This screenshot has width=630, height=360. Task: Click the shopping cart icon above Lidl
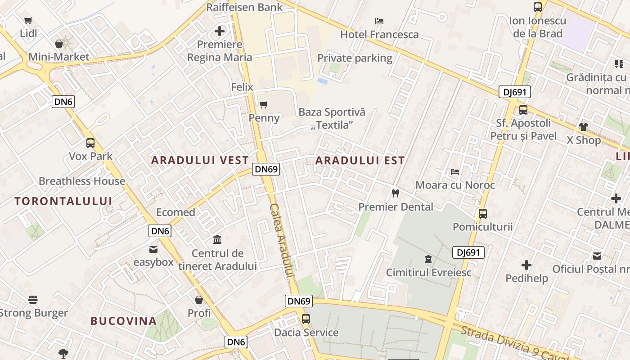(x=28, y=20)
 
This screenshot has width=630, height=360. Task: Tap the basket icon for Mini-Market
(x=59, y=44)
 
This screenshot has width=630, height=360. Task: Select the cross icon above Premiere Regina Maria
(x=220, y=31)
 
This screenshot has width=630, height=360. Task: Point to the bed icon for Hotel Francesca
(x=379, y=21)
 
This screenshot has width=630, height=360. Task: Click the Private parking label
(x=355, y=58)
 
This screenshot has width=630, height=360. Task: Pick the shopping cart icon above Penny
(x=264, y=105)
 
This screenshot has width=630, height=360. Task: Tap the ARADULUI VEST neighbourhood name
(x=200, y=160)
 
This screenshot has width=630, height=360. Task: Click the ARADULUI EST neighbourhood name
(x=360, y=160)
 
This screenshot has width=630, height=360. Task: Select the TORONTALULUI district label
(x=63, y=201)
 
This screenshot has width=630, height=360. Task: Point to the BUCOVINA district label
(x=124, y=321)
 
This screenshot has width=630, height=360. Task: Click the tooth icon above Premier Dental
(x=396, y=193)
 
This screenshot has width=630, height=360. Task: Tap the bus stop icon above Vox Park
(x=90, y=143)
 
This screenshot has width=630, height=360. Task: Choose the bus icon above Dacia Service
(x=306, y=319)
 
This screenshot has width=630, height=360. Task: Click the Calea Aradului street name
(x=282, y=241)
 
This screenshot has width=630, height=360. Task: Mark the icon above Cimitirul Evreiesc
(x=427, y=259)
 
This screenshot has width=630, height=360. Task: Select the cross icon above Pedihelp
(x=526, y=265)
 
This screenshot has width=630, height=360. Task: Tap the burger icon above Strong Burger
(x=33, y=300)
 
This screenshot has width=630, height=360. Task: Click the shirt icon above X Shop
(x=583, y=127)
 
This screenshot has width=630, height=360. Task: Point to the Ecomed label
(x=175, y=212)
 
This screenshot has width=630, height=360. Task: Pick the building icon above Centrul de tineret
(x=217, y=239)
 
